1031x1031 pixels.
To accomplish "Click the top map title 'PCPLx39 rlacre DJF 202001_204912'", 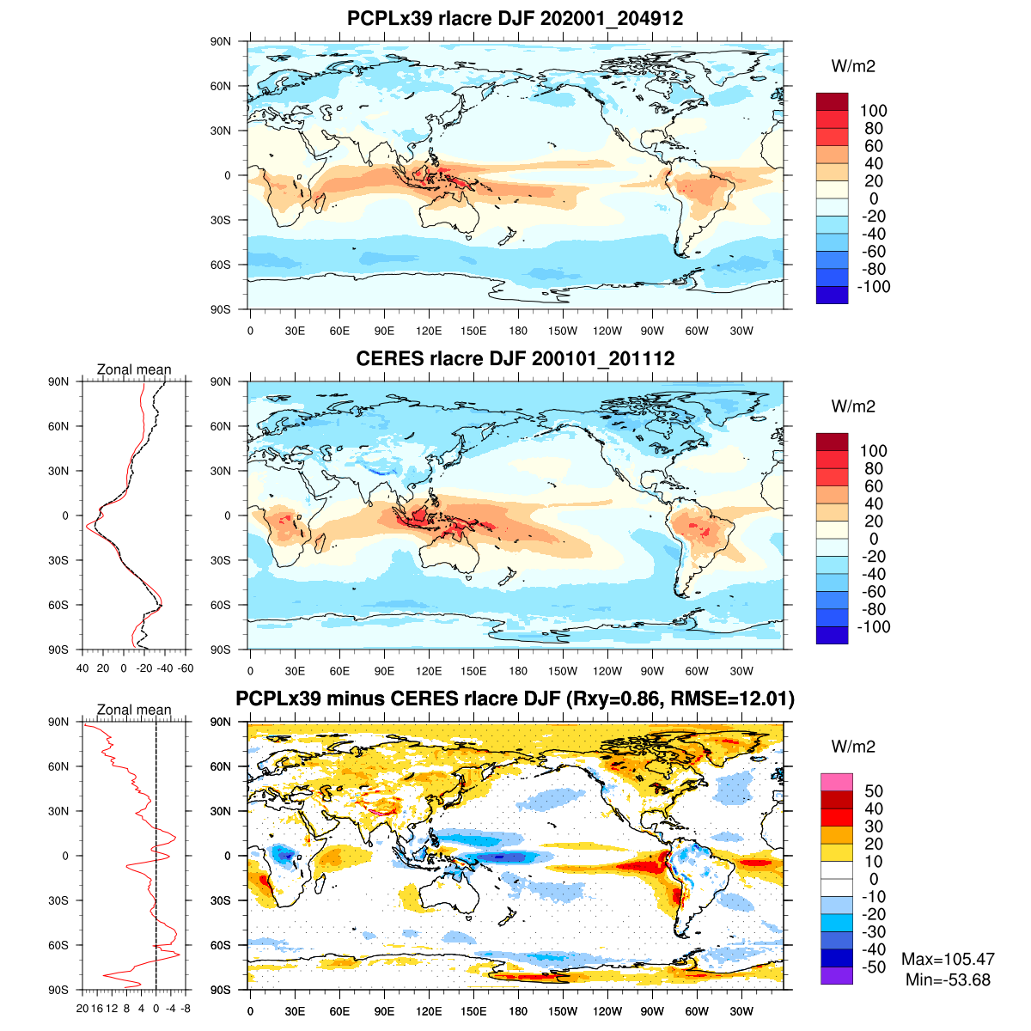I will pos(515,19).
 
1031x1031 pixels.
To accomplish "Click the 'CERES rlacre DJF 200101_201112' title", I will pos(515,359).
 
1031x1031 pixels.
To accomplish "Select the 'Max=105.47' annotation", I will pos(948,959).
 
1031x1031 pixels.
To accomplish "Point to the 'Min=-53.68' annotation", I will pos(948,979).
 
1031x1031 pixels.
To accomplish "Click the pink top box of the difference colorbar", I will pos(836,782).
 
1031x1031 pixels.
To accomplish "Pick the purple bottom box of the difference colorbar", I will pos(836,976).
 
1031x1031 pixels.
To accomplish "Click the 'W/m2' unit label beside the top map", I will pos(853,66).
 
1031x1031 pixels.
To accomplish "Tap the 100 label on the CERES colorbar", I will pos(873,451).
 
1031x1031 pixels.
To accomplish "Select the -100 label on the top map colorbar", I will pos(873,287).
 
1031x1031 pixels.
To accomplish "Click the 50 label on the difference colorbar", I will pos(873,791).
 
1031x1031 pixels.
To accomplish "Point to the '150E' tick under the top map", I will pos(473,331).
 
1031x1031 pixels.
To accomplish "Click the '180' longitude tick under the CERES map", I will pos(518,671).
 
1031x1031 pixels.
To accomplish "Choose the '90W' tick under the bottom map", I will pos(652,1011).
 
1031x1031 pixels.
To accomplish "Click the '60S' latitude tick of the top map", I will pos(222,265).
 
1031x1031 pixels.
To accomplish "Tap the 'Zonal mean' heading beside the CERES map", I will pos(134,369).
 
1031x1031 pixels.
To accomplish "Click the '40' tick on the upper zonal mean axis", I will pos(82,668).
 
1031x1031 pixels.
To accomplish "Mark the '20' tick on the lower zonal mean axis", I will pos(82,1008).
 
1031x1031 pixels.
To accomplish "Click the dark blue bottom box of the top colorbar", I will pos(832,295).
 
